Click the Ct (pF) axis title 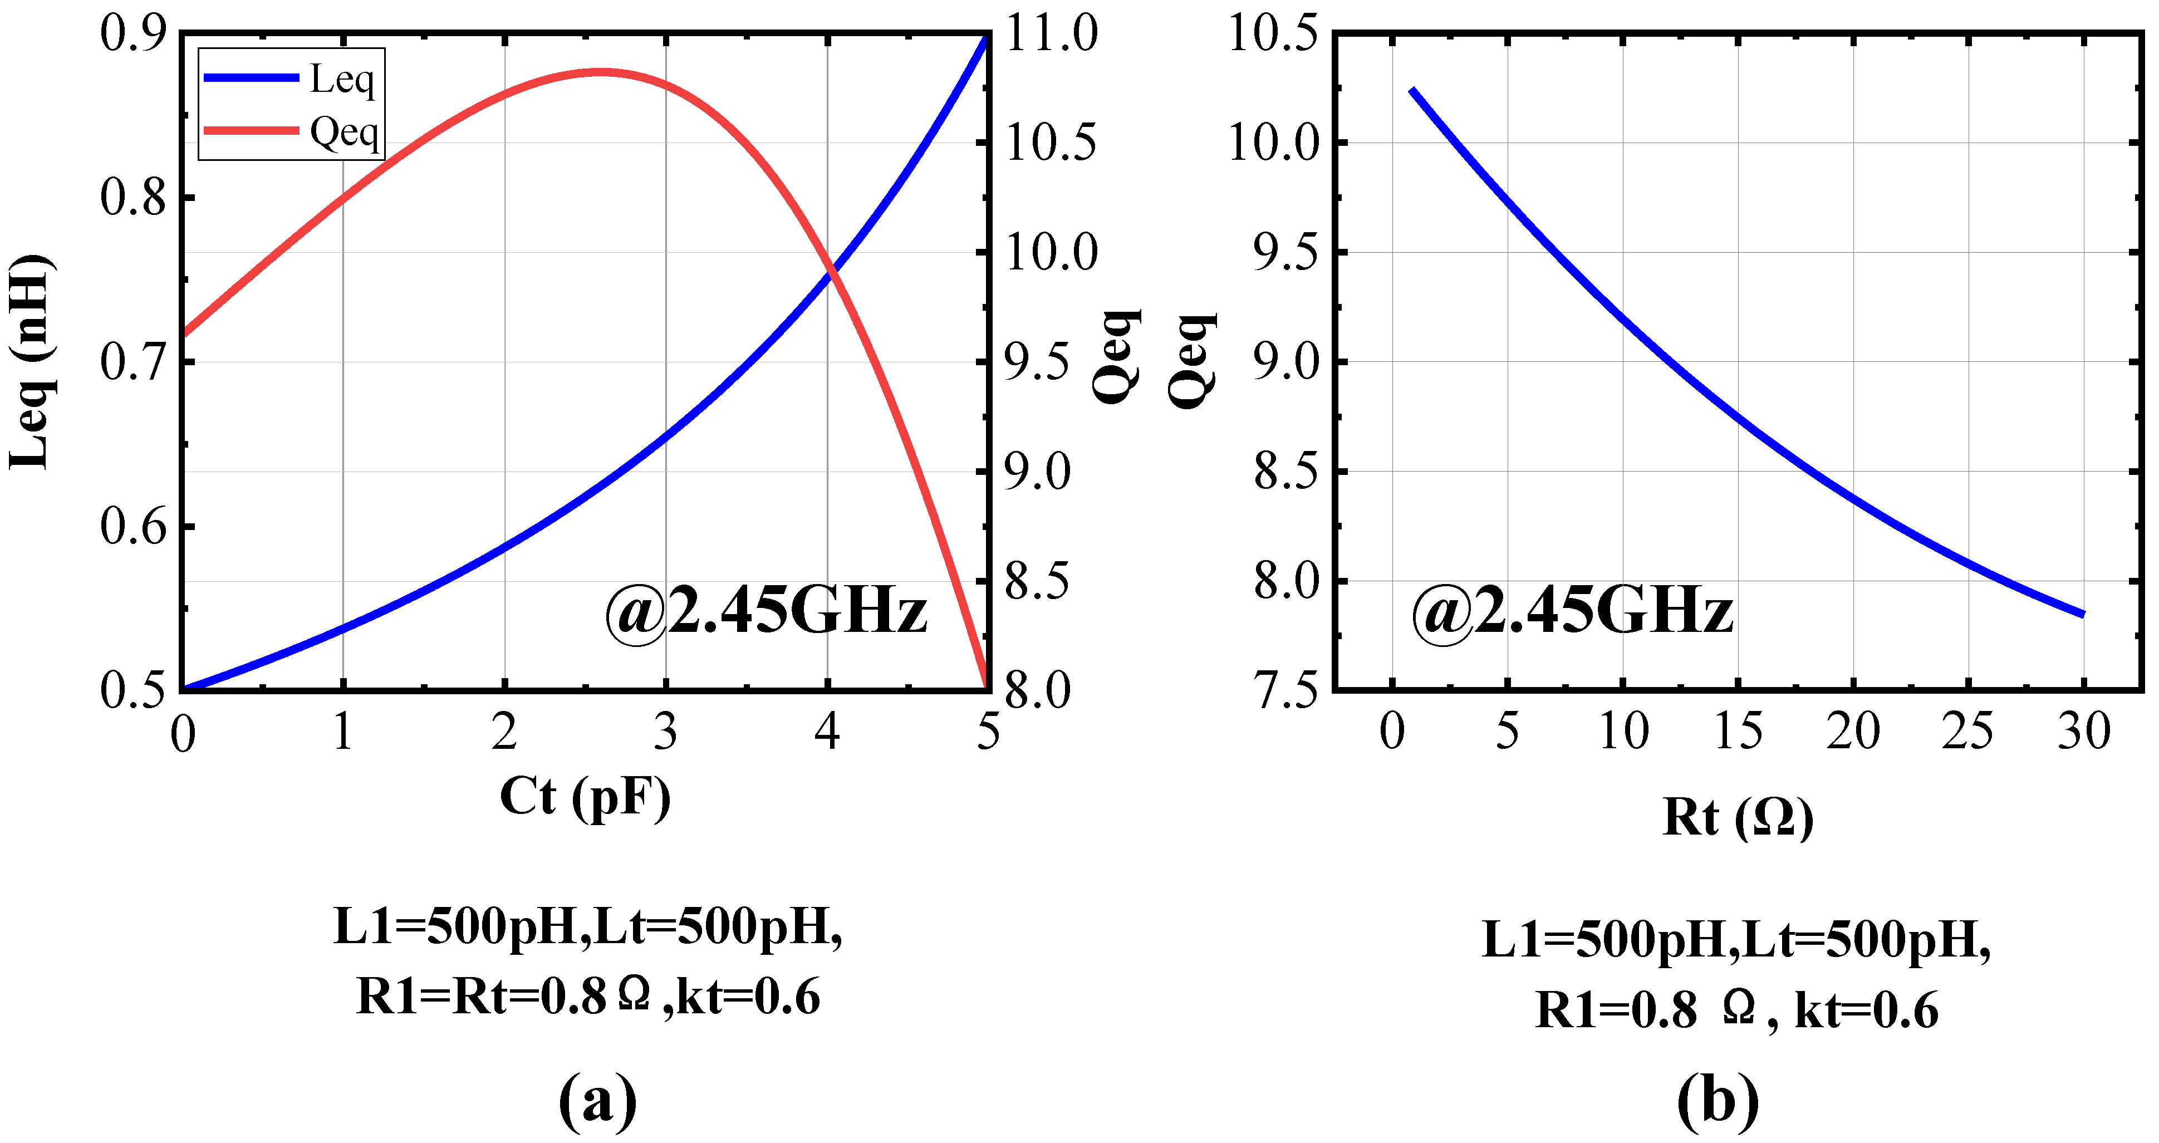(x=585, y=797)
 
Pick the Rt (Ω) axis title (x=1738, y=817)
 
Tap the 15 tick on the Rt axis (x=1738, y=732)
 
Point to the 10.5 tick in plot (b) (x=1272, y=35)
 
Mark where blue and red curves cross (x=831, y=271)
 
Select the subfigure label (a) (x=597, y=1100)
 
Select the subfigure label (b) (x=1718, y=1100)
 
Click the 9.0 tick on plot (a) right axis (x=1038, y=472)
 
